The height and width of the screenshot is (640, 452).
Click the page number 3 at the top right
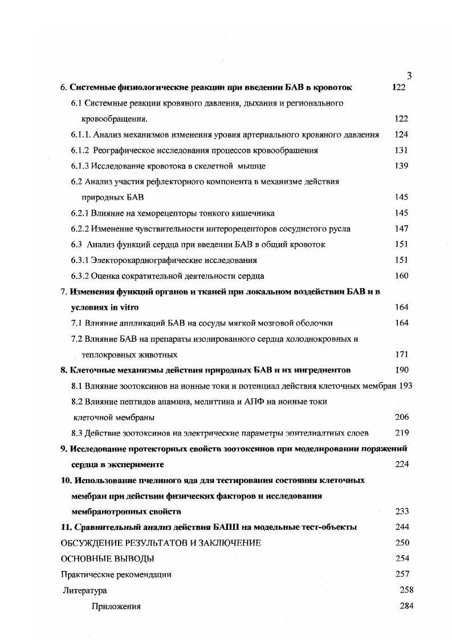tap(409, 76)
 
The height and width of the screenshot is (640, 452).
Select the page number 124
tap(401, 135)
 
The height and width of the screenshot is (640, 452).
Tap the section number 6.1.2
tap(80, 151)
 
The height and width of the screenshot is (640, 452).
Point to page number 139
tap(401, 166)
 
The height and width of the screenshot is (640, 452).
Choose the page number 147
tap(401, 229)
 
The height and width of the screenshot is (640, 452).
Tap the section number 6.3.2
tap(80, 276)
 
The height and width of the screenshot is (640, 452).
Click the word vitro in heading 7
tap(123, 307)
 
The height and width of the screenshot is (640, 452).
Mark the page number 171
tap(401, 354)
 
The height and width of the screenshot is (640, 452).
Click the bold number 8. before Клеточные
tap(64, 370)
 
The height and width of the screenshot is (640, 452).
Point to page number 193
tap(406, 386)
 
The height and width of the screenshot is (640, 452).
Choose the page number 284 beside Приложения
tap(406, 606)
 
